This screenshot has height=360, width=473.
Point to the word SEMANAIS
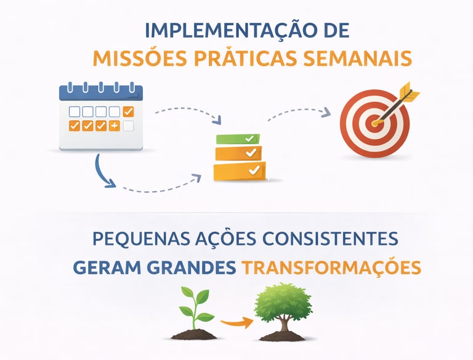pos(357,59)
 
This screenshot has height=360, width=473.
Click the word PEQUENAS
pos(135,238)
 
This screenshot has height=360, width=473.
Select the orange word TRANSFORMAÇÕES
pos(331,268)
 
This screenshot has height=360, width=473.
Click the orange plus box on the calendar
pos(115,126)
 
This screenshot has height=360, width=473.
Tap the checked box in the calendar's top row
pos(128,112)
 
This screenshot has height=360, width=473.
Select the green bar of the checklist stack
pos(237,139)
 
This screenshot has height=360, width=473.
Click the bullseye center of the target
pos(374,123)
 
